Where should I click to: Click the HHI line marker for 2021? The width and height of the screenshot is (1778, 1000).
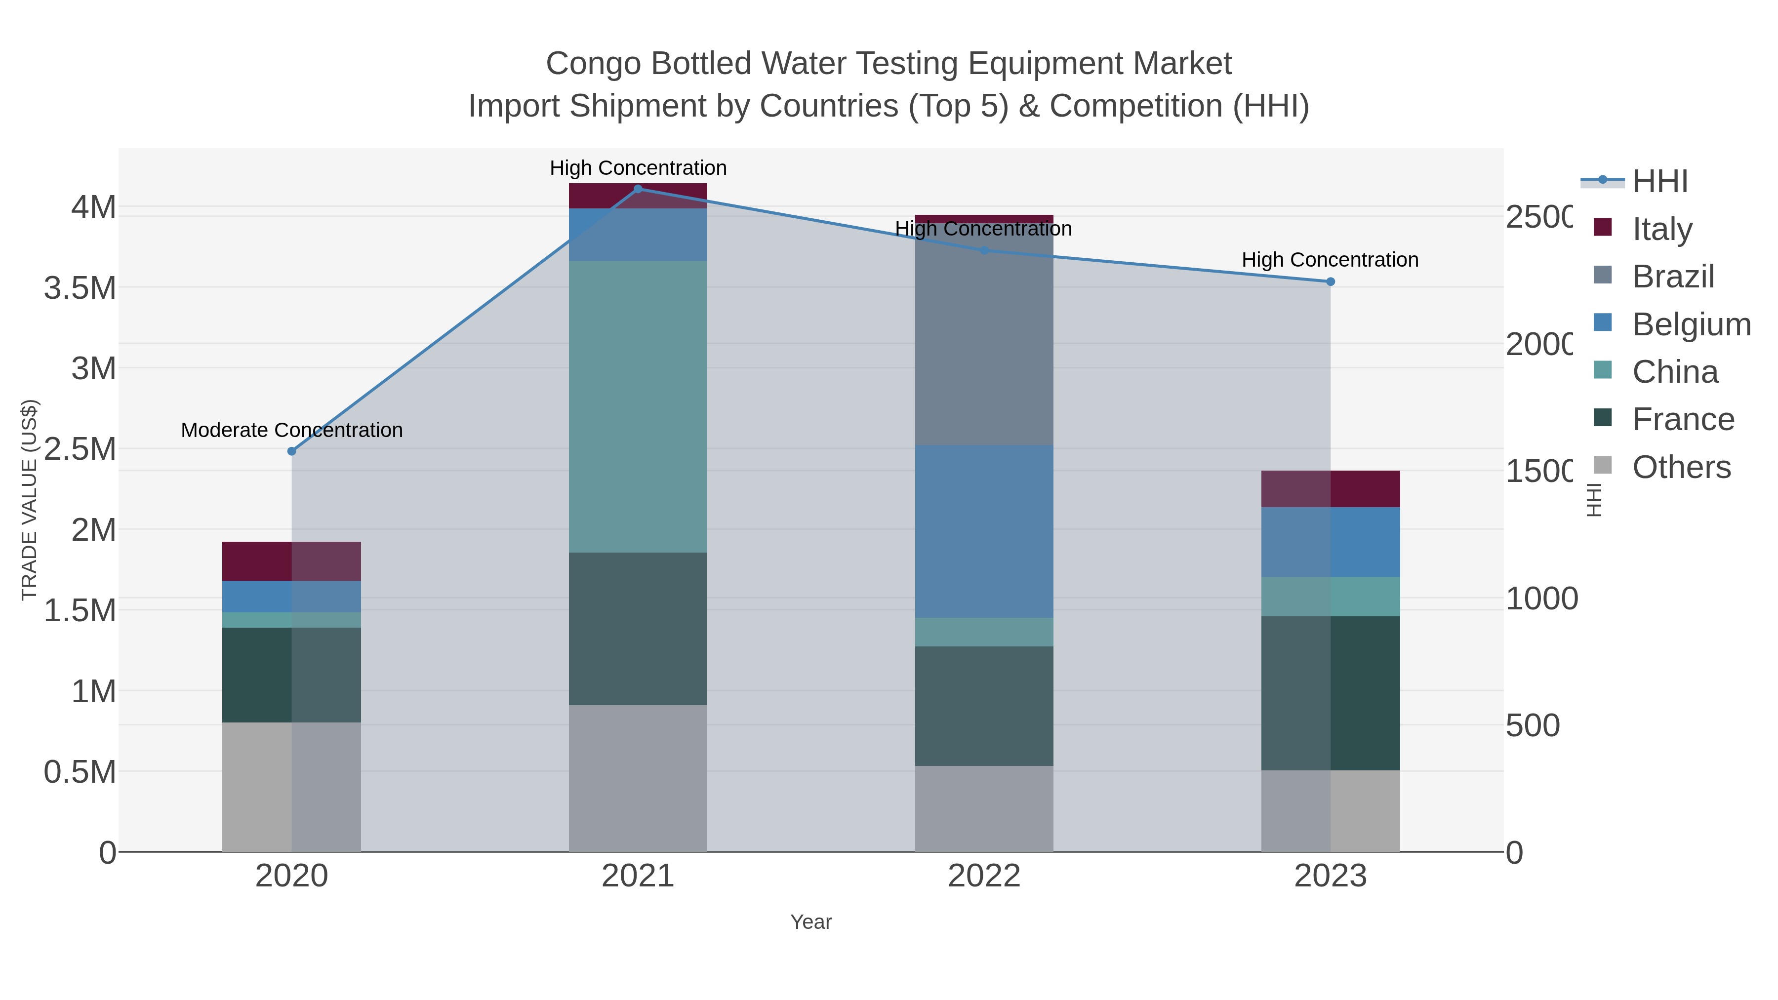(x=638, y=189)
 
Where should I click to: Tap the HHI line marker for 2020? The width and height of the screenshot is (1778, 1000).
(x=291, y=451)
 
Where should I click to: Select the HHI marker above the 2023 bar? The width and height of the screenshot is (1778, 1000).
(x=1331, y=281)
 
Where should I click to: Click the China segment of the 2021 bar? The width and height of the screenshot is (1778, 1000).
(x=638, y=406)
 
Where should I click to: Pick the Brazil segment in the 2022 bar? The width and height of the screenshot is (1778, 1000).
(x=984, y=338)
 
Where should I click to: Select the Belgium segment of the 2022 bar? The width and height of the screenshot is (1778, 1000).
(x=984, y=531)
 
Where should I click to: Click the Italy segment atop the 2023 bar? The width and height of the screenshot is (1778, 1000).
(x=1331, y=488)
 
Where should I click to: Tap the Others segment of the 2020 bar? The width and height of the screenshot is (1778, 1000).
(x=291, y=787)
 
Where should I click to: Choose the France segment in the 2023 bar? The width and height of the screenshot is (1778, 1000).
(x=1331, y=693)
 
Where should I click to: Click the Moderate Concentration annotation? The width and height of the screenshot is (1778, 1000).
(x=291, y=430)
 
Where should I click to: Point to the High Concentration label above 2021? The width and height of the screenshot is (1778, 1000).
(x=638, y=168)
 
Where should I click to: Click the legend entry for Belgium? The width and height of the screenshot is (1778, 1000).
(x=1691, y=324)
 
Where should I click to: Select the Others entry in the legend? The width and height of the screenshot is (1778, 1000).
(x=1681, y=467)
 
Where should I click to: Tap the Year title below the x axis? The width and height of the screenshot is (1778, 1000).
(x=811, y=922)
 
